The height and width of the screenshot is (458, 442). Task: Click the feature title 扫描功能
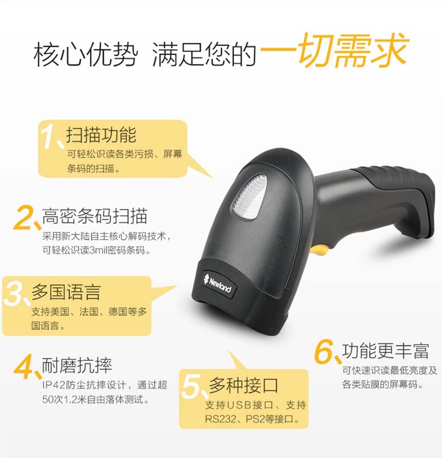coord(101,135)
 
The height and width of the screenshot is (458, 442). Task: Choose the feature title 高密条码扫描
coord(95,216)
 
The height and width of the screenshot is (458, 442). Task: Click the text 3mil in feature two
coord(104,250)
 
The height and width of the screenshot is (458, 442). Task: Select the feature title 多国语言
coord(66,292)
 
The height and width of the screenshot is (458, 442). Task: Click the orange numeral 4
coord(25,368)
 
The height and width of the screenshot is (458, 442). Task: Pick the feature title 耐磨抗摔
coord(77,365)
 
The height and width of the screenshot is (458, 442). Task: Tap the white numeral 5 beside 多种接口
coord(193,387)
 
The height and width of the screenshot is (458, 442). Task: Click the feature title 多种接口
coord(243,385)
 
